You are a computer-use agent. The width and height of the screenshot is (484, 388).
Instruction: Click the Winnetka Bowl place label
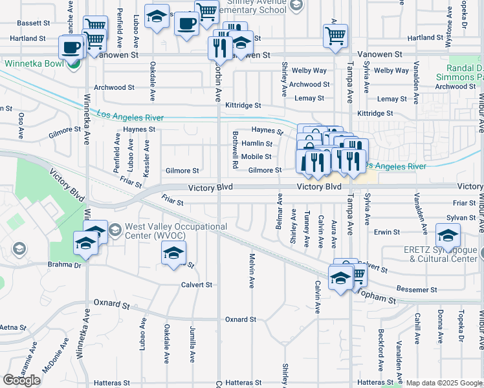32,64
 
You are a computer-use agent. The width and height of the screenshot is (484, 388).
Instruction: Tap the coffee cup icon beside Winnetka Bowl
71,47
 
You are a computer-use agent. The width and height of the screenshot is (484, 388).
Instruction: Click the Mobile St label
256,157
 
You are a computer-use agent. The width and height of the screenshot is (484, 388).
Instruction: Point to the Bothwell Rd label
234,150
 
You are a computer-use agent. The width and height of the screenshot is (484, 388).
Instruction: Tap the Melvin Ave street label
250,270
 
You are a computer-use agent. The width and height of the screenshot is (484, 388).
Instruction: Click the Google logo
22,380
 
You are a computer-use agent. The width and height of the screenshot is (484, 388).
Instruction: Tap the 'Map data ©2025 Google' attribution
444,383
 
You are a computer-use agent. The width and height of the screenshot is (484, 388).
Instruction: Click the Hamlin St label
256,144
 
